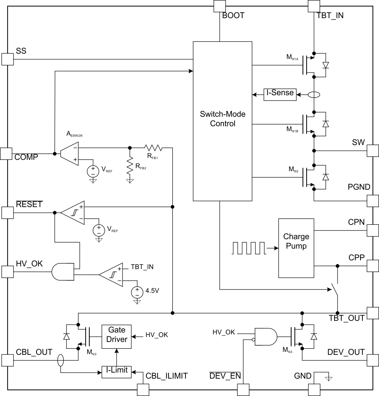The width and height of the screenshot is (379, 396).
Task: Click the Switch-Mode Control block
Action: coord(222,121)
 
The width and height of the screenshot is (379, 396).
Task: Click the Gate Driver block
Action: coord(117,335)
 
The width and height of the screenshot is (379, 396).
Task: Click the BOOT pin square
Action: coord(219,6)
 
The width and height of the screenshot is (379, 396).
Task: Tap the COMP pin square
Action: coord(6,153)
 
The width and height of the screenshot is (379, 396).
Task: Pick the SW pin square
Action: coord(373,151)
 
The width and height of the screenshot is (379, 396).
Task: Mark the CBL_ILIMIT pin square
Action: coord(143,390)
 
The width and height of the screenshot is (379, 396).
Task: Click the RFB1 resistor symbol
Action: coord(153,147)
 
